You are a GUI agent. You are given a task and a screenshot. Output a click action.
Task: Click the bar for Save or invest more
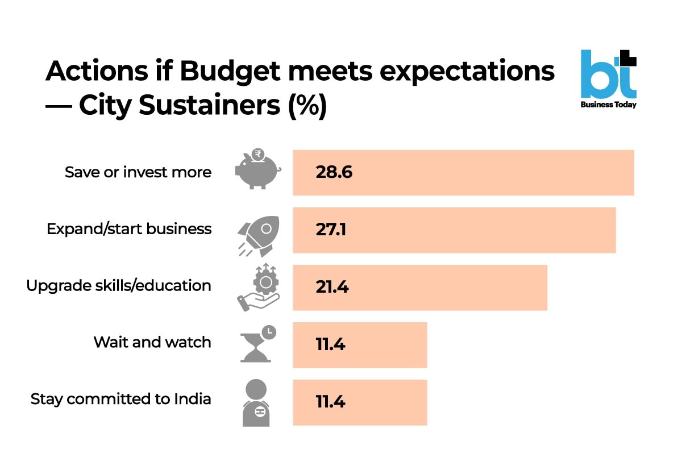point(463,173)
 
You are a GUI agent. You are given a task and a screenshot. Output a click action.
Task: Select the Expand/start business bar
point(454,230)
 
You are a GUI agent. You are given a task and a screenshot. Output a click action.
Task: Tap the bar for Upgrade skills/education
point(420,287)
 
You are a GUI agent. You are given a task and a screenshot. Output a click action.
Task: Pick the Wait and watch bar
point(360,344)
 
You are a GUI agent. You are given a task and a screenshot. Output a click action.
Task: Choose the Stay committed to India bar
point(360,402)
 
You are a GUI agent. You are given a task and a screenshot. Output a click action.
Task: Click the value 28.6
point(334,173)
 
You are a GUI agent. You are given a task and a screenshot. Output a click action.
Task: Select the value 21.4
point(332,287)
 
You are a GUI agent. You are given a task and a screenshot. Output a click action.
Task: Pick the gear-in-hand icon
point(258,287)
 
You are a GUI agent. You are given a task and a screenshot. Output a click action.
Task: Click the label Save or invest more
point(138,172)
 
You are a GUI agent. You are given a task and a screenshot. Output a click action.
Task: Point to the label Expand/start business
point(129,229)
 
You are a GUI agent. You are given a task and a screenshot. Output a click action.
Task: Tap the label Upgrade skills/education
point(119,285)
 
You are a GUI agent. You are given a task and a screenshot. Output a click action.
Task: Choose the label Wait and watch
point(152,342)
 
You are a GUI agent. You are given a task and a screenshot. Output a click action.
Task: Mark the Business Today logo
point(609,80)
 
